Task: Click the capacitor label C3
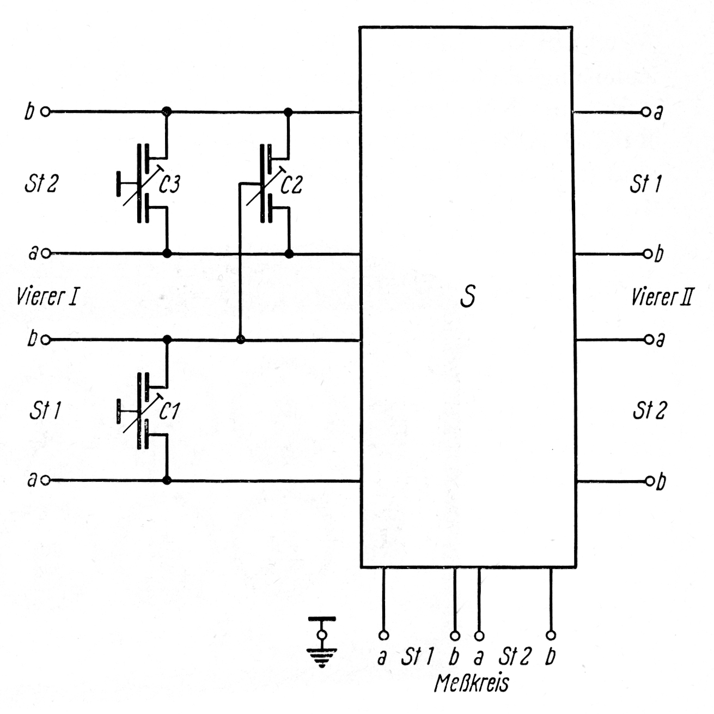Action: pyautogui.click(x=169, y=185)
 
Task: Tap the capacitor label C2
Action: pyautogui.click(x=291, y=185)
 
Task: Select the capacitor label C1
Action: pyautogui.click(x=169, y=412)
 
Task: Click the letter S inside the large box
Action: pyautogui.click(x=467, y=297)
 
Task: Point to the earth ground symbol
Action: pyautogui.click(x=322, y=643)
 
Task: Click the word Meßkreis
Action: pyautogui.click(x=472, y=683)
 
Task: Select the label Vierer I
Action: pyautogui.click(x=48, y=298)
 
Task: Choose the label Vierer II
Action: pyautogui.click(x=662, y=298)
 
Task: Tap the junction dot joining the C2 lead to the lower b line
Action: pyautogui.click(x=240, y=340)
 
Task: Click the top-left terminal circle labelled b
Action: pyautogui.click(x=46, y=112)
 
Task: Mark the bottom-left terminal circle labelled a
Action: pyautogui.click(x=46, y=481)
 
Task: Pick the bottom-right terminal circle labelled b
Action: pyautogui.click(x=649, y=481)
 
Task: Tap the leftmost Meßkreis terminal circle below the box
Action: pyautogui.click(x=383, y=636)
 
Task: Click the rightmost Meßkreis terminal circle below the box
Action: pyautogui.click(x=551, y=636)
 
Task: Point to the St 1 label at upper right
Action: pyautogui.click(x=645, y=184)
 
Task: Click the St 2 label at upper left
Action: pyautogui.click(x=41, y=184)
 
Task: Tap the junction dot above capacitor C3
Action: pyautogui.click(x=167, y=112)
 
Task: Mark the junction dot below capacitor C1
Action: pyautogui.click(x=167, y=480)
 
